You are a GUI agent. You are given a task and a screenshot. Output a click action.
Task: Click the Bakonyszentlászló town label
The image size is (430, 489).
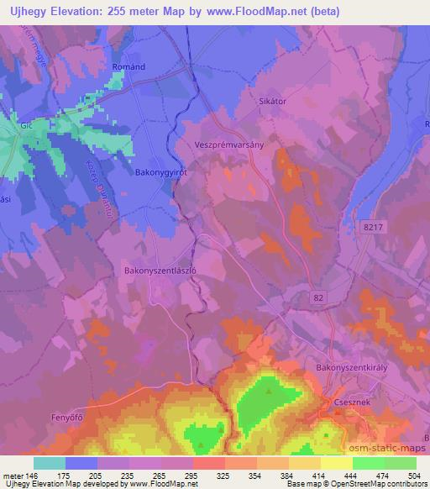(x=160, y=271)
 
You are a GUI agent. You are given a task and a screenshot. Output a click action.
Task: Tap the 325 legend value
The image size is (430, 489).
(x=223, y=476)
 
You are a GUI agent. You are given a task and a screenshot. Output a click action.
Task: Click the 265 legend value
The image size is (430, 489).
(x=159, y=476)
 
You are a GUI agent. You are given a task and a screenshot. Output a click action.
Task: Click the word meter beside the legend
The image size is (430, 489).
(x=11, y=476)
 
